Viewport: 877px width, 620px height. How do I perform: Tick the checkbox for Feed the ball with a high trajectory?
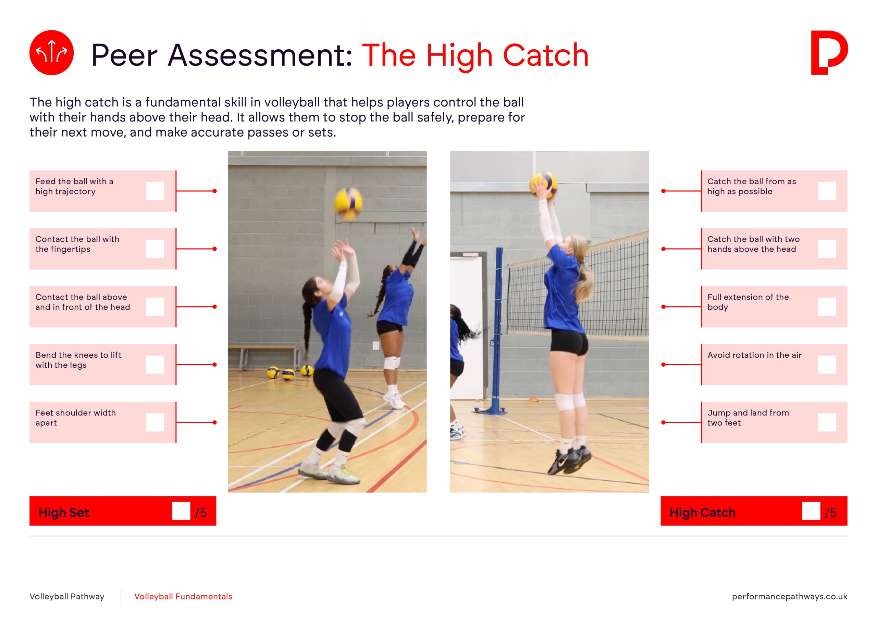coord(155,191)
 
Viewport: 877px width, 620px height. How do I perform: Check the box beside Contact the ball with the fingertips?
coord(155,249)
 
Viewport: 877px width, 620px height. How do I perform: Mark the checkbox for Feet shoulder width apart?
coord(155,422)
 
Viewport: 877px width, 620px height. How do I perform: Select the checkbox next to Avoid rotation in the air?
coord(827,365)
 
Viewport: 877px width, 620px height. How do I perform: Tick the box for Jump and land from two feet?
coord(827,422)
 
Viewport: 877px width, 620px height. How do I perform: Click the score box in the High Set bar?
coord(181,511)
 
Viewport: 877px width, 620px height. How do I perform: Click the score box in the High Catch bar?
coord(811,511)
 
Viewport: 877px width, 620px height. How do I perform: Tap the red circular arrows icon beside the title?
coord(52,53)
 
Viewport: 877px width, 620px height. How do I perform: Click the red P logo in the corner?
coord(829,53)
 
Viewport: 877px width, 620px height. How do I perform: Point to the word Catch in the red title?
coord(546,56)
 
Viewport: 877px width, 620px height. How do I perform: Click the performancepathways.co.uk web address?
coord(790,596)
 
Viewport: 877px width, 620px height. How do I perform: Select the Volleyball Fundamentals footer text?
coord(183,596)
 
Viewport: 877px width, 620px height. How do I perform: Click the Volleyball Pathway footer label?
coord(67,596)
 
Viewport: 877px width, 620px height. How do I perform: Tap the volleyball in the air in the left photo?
coord(348,203)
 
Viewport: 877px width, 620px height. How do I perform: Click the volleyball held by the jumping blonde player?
coord(543,185)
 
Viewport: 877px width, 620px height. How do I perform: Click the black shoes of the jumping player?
coord(568,460)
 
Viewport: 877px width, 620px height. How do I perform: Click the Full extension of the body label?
coord(748,302)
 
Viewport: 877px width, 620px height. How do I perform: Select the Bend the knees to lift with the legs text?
coord(78,360)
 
